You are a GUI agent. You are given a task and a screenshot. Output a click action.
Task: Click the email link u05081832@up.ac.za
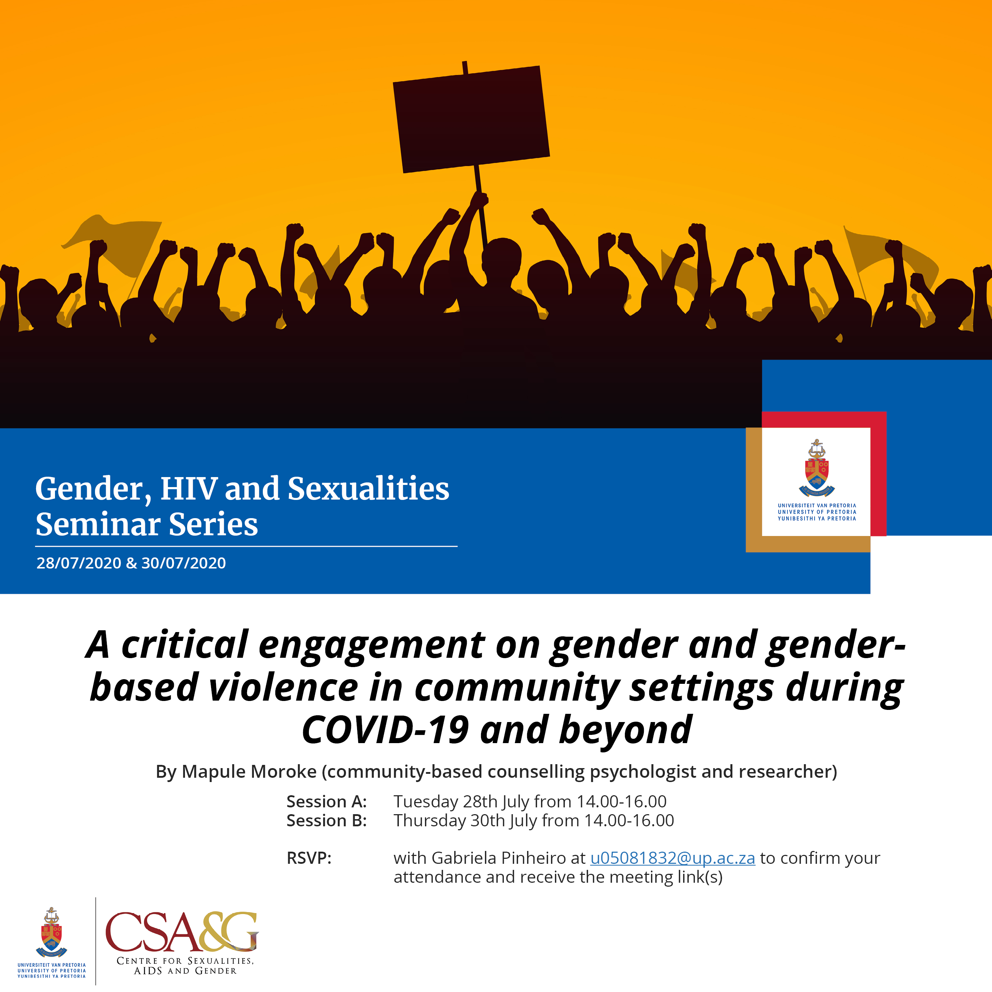673,858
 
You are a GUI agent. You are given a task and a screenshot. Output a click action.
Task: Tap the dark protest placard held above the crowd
471,119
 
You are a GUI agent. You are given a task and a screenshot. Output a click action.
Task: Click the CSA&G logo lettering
182,932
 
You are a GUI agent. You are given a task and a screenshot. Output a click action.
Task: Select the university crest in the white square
816,468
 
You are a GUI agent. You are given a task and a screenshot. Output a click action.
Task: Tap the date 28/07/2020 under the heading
79,563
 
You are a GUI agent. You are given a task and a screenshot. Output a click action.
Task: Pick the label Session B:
326,821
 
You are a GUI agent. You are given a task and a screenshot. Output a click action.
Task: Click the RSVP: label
309,858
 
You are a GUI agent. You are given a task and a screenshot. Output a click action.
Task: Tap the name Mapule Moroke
249,771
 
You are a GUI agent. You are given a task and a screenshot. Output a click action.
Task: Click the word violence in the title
284,687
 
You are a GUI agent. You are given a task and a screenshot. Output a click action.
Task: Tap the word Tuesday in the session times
426,802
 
